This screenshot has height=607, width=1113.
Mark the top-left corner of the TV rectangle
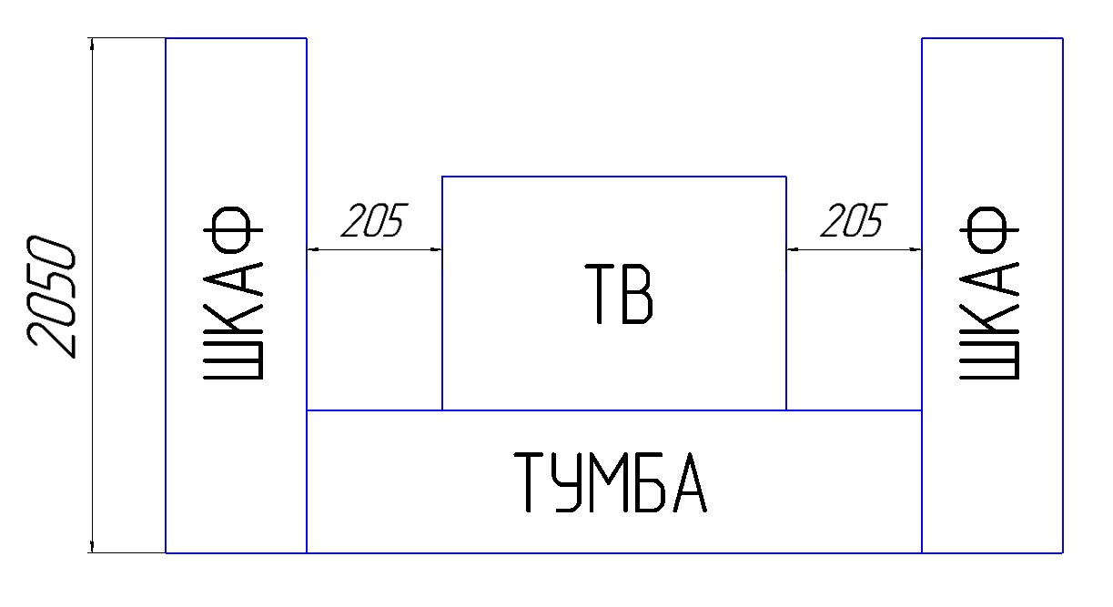tap(442, 177)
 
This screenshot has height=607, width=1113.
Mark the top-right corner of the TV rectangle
tap(786, 177)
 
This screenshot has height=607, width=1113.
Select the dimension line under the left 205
tap(374, 249)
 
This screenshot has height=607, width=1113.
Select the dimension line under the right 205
tap(854, 249)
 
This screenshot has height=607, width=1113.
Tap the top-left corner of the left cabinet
tap(166, 38)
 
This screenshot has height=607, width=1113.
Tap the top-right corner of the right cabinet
tap(1063, 38)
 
